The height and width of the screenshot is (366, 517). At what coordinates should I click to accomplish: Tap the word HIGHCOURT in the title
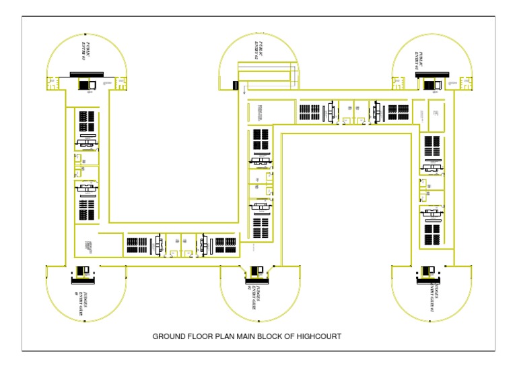tap(318, 336)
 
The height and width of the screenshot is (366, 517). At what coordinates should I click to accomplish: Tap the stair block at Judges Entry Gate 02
tap(256, 272)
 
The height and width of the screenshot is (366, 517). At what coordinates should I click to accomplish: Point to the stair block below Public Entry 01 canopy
tap(429, 84)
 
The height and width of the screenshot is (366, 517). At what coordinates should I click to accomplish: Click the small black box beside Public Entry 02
tap(236, 86)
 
